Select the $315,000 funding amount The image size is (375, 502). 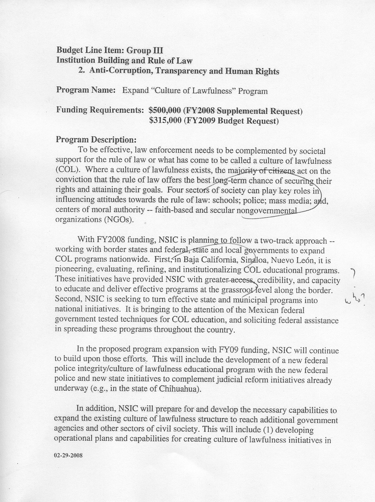click(x=165, y=121)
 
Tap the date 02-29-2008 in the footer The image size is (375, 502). click(x=68, y=455)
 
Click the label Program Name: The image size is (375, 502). click(x=86, y=90)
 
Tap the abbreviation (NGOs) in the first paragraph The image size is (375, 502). click(x=119, y=220)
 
